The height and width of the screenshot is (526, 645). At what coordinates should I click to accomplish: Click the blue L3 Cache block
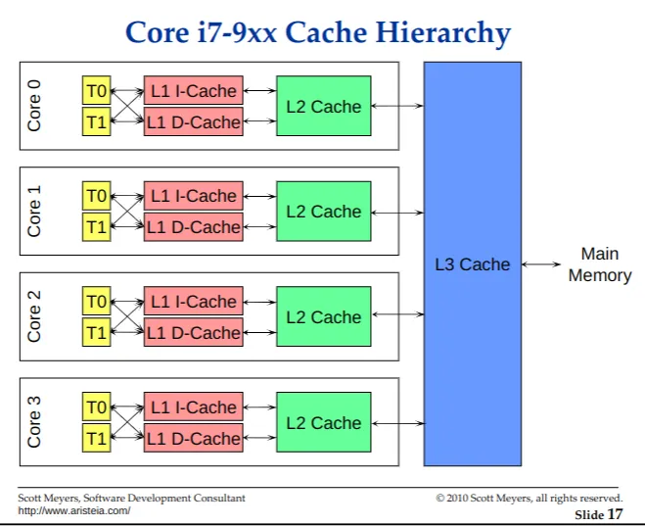click(472, 263)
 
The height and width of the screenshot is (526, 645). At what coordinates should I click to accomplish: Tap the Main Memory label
click(599, 264)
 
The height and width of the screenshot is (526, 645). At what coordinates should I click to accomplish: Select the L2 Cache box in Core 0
click(323, 106)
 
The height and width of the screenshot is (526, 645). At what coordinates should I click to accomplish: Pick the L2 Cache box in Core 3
click(323, 423)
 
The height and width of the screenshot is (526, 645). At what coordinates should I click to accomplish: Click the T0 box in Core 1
click(96, 196)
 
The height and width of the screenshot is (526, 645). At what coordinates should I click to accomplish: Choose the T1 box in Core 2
click(96, 332)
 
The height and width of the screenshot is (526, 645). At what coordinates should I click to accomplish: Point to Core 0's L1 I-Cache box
click(193, 91)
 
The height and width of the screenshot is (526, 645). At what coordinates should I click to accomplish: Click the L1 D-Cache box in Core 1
click(193, 227)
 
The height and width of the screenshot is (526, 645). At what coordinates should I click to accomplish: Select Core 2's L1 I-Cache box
click(193, 302)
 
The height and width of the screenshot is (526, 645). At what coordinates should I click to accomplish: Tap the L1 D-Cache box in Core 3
click(193, 438)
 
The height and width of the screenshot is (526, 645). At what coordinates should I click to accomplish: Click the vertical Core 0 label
click(35, 106)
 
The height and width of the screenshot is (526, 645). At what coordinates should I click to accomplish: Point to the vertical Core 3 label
click(35, 423)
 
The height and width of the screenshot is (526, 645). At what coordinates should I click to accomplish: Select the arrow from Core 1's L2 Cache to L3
click(397, 212)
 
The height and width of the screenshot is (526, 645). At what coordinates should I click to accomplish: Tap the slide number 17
click(615, 513)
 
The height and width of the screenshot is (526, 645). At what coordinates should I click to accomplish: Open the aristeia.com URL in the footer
click(74, 510)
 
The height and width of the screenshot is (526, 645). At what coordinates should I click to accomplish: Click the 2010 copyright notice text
click(529, 499)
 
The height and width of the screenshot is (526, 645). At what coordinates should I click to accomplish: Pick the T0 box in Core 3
click(96, 407)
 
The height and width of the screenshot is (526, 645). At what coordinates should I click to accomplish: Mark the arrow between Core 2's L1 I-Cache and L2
click(259, 302)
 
